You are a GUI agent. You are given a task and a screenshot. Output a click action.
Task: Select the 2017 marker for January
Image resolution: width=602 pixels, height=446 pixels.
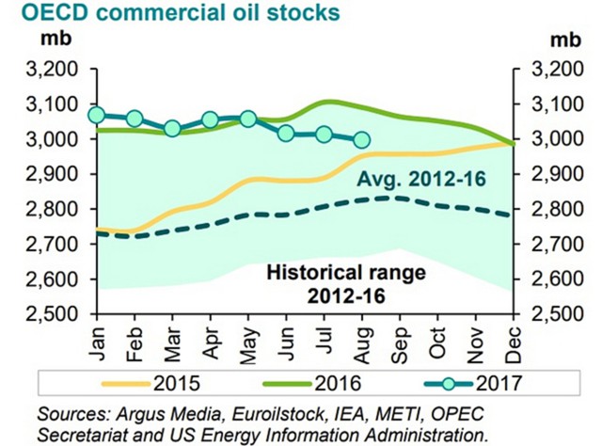click(96, 115)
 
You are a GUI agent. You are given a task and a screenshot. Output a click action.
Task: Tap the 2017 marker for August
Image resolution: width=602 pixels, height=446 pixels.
click(361, 140)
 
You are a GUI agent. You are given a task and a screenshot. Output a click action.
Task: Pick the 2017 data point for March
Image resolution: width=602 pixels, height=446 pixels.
click(172, 128)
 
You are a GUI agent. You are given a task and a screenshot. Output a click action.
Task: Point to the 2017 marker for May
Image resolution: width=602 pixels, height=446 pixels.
click(248, 119)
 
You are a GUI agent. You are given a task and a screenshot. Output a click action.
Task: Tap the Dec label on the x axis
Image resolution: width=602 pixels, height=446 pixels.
click(512, 338)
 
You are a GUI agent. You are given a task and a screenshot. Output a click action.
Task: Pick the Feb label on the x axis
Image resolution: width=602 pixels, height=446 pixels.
click(133, 338)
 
